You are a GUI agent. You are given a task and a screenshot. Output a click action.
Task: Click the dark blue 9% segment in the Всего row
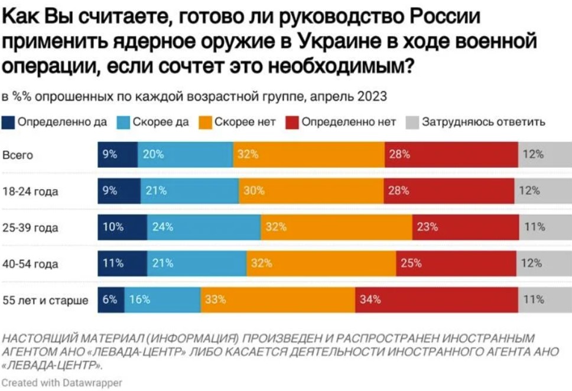coord(118,155)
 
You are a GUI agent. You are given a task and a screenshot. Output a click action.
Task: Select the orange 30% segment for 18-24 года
coord(311,191)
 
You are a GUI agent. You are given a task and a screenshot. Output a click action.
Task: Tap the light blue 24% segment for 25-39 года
coord(203,227)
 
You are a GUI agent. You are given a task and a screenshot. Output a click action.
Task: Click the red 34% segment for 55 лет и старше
coord(436,299)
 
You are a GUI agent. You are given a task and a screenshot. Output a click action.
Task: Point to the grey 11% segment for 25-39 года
coord(545,227)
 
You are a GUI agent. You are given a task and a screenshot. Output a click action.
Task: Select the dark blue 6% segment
coord(111,299)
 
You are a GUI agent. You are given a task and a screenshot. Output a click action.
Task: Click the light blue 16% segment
coord(162,299)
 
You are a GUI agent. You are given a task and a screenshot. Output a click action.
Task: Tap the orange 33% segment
coord(278,299)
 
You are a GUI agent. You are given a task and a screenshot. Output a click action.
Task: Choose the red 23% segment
coord(466,227)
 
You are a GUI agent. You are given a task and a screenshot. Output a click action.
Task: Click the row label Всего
coord(18,155)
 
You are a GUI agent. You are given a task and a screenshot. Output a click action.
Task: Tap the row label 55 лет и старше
coord(45,300)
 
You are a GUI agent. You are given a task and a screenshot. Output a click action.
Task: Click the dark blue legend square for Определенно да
coord(9,122)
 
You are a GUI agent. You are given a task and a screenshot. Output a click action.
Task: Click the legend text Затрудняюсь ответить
coord(483,122)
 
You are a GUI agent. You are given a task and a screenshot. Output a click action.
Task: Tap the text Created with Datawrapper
coord(62,382)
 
